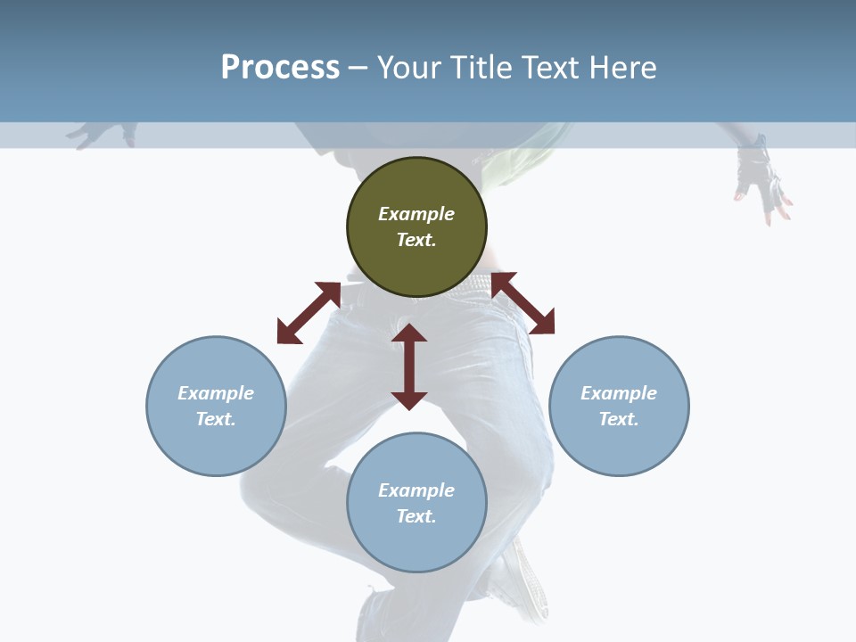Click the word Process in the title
pos(280,68)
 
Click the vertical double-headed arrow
pos(409,367)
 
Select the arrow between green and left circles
pos(309,313)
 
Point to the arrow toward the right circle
pos(523,303)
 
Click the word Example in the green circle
pos(416,214)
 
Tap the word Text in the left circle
pos(216,419)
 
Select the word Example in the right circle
pos(619,393)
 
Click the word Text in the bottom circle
pos(416,516)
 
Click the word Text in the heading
pos(548,68)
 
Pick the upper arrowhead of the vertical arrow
pos(409,334)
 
